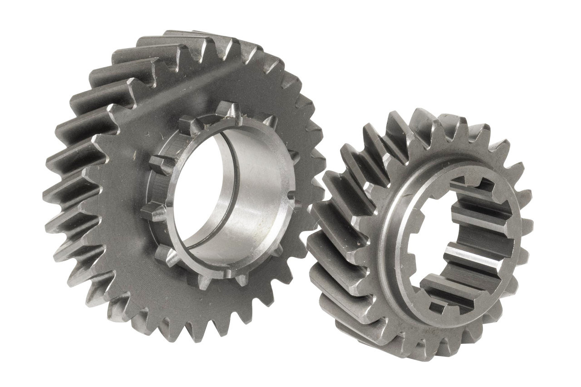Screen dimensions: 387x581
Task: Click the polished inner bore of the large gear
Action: tap(254, 200)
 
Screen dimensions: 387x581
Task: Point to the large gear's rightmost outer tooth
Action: tap(318, 181)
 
